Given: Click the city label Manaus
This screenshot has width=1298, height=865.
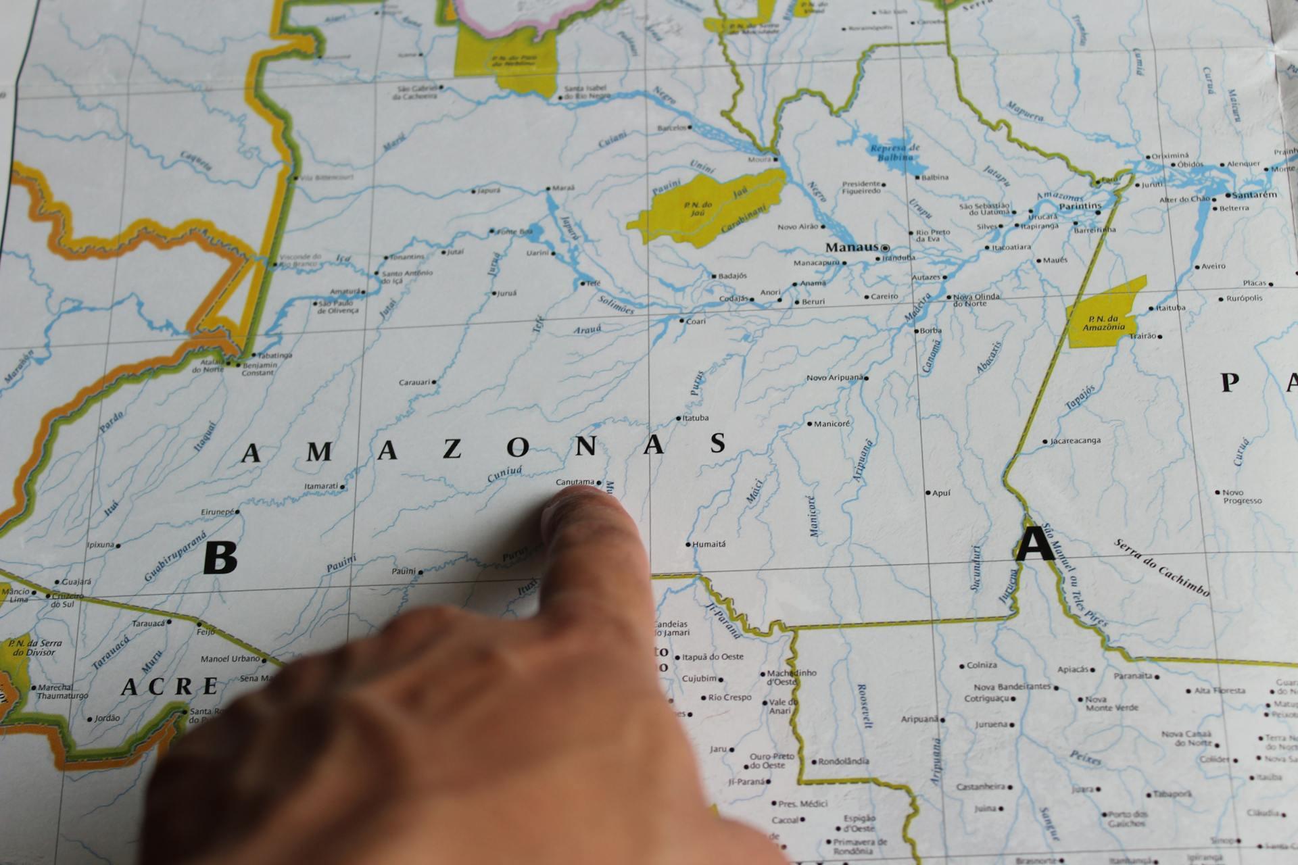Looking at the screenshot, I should [x=851, y=247].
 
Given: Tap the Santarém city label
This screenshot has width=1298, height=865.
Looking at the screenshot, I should [x=1255, y=195].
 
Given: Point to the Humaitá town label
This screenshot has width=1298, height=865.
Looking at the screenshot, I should [x=709, y=543].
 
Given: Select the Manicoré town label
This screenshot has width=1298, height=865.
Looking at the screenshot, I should [x=832, y=424].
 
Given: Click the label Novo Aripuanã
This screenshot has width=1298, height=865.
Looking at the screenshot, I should [x=835, y=378].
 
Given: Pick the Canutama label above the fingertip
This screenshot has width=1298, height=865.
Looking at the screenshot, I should [x=575, y=482].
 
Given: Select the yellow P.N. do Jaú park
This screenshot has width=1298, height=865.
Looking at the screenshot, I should [x=703, y=206].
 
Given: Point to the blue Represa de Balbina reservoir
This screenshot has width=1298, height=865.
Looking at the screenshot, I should [x=892, y=155].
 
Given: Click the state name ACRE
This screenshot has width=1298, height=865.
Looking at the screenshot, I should [x=170, y=687].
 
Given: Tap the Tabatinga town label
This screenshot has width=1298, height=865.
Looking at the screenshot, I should [x=275, y=355].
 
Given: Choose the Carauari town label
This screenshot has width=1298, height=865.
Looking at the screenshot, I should [x=414, y=382].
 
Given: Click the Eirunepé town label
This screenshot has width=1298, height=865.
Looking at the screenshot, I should [x=217, y=512].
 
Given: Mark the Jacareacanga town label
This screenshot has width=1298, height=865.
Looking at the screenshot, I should [x=1076, y=441].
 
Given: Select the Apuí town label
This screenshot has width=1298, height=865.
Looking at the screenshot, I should [x=941, y=493].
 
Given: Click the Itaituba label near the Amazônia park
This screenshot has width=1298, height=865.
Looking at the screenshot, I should [x=1170, y=307].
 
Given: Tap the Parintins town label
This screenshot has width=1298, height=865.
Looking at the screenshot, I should [x=1080, y=205].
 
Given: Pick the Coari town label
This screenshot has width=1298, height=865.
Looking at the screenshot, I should [x=696, y=321].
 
